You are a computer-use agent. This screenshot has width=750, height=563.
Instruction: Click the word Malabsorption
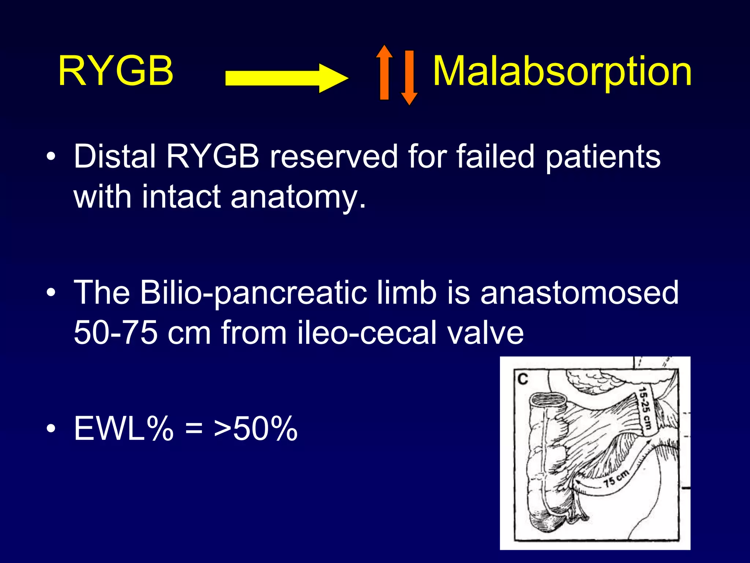(x=562, y=71)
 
